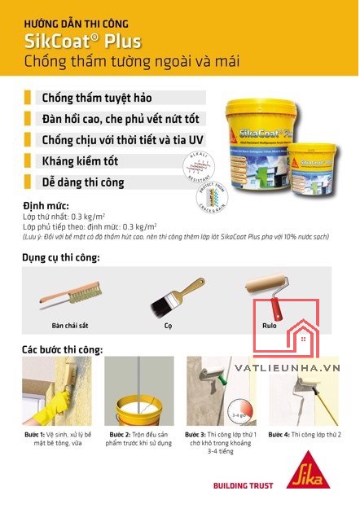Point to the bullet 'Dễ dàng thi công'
[83, 182]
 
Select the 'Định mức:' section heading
[46, 205]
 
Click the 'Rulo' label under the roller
[270, 325]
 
